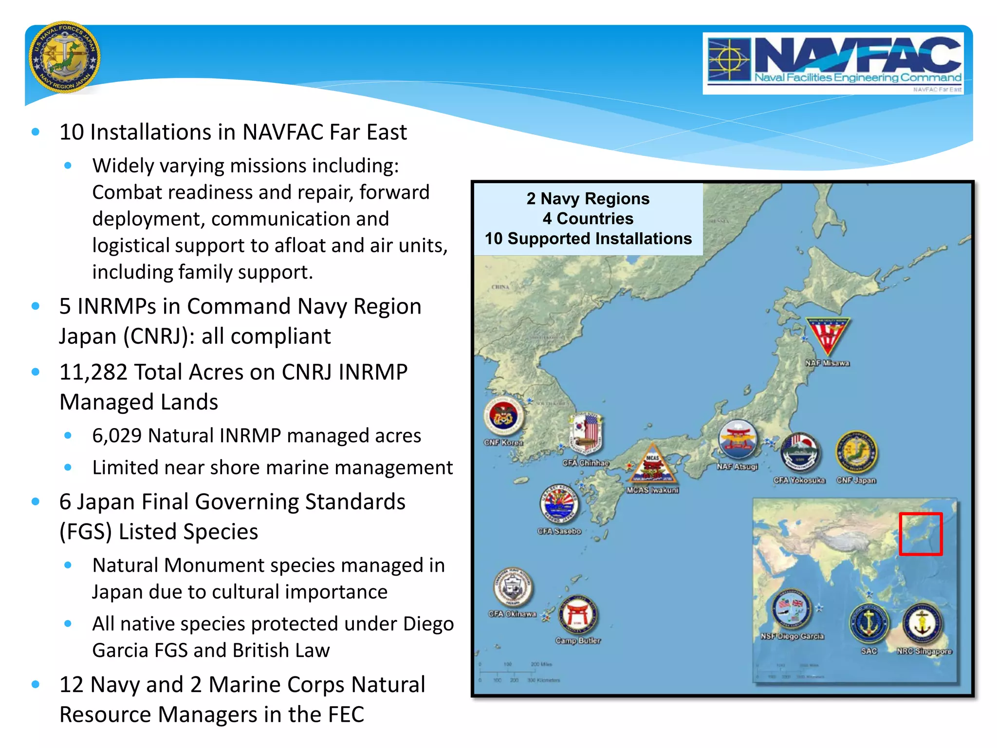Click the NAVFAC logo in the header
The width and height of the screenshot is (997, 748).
pos(833,63)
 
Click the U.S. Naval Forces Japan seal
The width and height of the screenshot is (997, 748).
pos(65,57)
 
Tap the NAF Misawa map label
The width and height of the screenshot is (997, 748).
pos(827,363)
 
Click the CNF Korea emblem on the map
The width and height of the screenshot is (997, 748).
pos(503,416)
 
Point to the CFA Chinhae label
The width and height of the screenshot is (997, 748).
pos(586,463)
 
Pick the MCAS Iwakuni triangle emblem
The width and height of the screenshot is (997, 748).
pos(652,465)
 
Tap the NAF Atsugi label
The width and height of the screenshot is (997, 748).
pos(737,467)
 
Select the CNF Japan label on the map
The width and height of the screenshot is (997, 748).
pos(856,481)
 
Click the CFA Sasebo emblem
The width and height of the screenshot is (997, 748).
pos(559,505)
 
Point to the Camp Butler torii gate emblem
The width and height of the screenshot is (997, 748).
pos(578,615)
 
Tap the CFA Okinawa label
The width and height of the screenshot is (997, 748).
pos(512,614)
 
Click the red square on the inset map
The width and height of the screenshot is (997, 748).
pos(921,534)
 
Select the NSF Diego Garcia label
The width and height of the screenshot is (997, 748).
pos(793,636)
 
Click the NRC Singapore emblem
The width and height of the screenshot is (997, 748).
pos(923,624)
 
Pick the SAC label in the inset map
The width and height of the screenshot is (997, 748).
pos(869,651)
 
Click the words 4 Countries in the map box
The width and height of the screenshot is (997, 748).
pos(588,219)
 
